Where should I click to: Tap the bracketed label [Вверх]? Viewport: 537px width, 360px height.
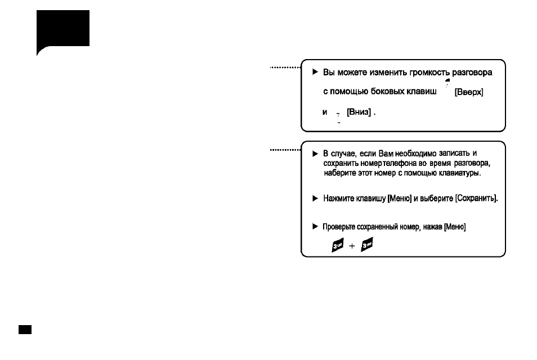tap(469, 92)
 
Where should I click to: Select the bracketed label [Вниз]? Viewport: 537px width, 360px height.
tap(359, 112)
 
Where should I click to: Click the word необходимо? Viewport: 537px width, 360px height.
tap(416, 154)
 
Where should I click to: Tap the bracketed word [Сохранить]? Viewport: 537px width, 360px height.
tap(476, 199)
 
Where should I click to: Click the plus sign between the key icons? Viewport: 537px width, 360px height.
tap(352, 246)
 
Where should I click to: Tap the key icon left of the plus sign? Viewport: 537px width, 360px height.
tap(338, 245)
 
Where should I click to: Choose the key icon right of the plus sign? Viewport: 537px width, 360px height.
tap(367, 244)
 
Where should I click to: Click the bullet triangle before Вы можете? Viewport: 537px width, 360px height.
tap(315, 72)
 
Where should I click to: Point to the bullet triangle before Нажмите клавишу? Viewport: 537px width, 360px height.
tap(315, 199)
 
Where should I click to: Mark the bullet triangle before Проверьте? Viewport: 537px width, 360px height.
tap(315, 226)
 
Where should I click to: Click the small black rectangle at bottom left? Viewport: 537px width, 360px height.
tap(25, 330)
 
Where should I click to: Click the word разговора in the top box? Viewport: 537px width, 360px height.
tap(472, 73)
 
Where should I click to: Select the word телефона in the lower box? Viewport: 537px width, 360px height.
tap(400, 163)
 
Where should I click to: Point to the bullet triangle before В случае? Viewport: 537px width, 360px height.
tap(315, 154)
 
